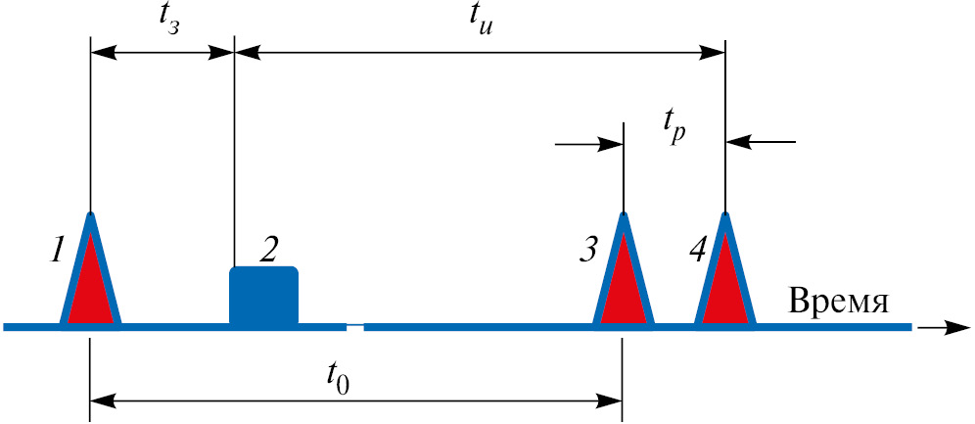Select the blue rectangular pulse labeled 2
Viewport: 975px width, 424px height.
click(x=263, y=296)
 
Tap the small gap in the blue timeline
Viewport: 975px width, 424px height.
click(x=355, y=326)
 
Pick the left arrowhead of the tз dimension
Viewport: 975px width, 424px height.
click(x=105, y=53)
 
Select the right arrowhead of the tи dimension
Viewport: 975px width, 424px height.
click(x=712, y=53)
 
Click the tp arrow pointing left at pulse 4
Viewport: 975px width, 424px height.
click(x=760, y=143)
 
